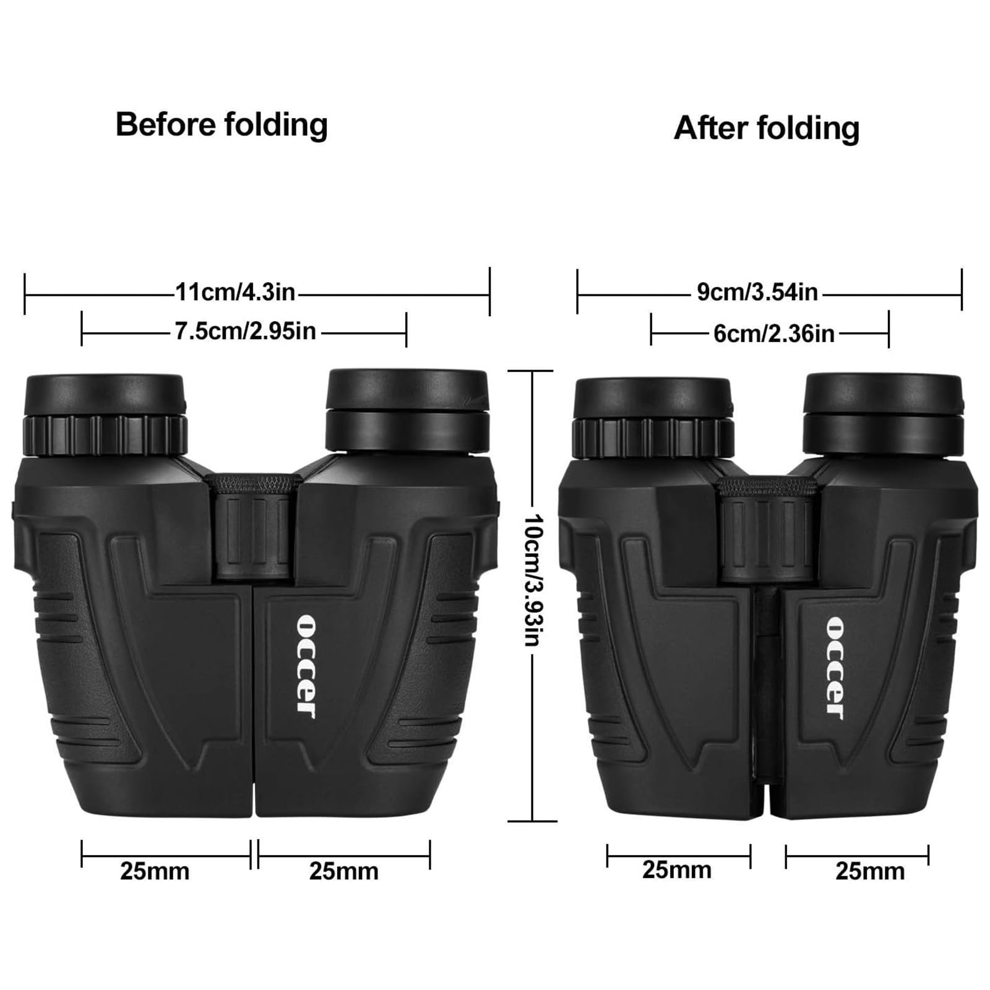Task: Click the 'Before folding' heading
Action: coord(222,125)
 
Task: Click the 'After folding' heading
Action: coord(767,129)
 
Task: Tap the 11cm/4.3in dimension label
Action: coord(235,291)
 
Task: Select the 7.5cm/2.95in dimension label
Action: coord(245,332)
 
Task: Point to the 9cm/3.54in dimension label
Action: coord(757,292)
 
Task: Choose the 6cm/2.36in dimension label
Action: coord(773,334)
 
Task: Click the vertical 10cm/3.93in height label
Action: coord(532,579)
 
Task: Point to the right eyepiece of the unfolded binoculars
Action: coord(407,411)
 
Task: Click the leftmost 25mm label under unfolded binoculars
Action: coord(155,872)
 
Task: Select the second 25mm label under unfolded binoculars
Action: coord(343,872)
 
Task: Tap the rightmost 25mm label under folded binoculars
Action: coord(870,872)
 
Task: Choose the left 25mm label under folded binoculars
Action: coord(676,871)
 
